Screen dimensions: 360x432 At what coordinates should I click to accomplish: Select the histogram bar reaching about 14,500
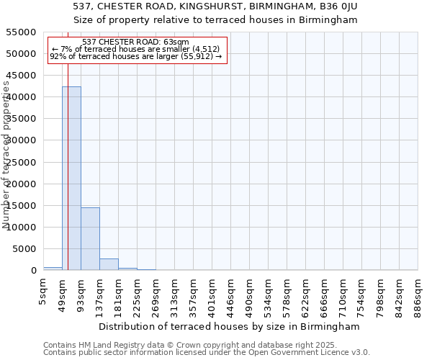[90, 238]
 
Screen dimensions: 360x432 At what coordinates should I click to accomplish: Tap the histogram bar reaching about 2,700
[109, 264]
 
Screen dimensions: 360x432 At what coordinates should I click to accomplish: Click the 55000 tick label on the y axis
[22, 32]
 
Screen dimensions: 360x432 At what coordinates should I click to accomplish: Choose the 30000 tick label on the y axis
[22, 140]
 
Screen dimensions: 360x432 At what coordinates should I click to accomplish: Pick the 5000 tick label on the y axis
[24, 249]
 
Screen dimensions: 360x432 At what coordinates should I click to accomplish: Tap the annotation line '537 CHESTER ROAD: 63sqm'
[136, 42]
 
